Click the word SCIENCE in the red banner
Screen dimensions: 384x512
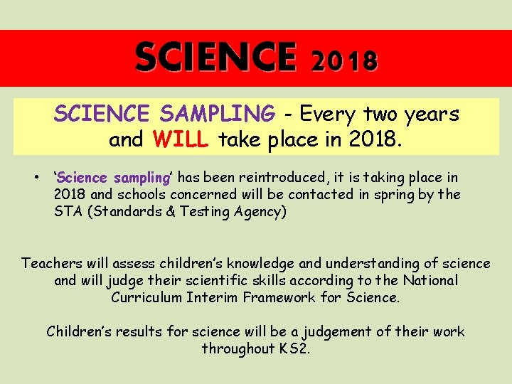[215, 58]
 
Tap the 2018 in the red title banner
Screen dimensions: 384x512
[344, 61]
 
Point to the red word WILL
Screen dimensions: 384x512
[180, 140]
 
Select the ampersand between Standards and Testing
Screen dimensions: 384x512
[168, 211]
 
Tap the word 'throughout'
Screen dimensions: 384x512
[235, 348]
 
